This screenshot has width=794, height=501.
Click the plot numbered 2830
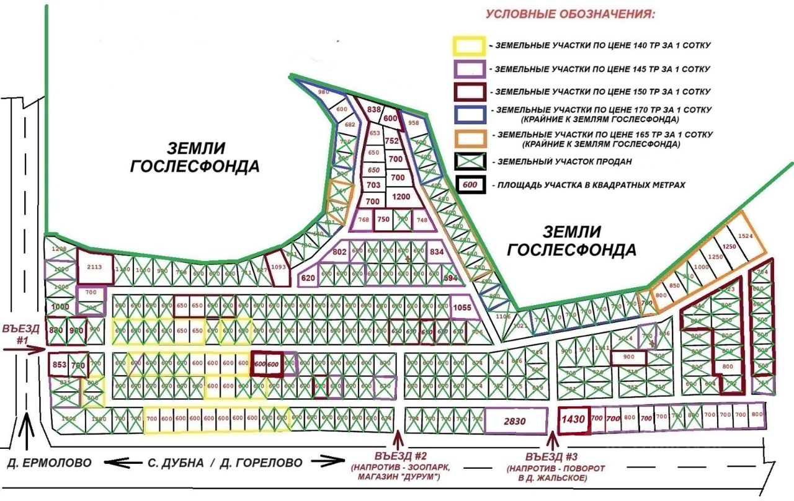pyautogui.click(x=514, y=421)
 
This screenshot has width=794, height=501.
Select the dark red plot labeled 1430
pyautogui.click(x=573, y=420)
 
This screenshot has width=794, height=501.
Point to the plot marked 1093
pyautogui.click(x=279, y=267)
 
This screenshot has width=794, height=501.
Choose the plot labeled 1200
pyautogui.click(x=401, y=197)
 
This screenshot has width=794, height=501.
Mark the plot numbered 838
pyautogui.click(x=373, y=110)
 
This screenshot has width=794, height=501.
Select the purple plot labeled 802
pyautogui.click(x=339, y=252)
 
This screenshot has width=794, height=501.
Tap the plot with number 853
pyautogui.click(x=60, y=365)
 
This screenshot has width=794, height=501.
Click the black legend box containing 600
pyautogui.click(x=470, y=185)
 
